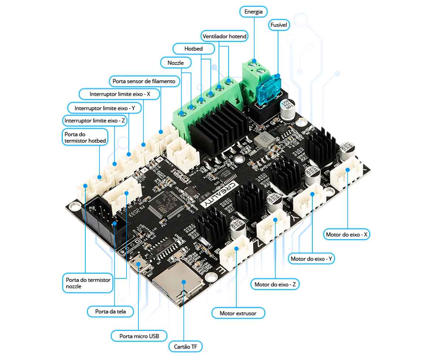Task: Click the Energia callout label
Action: point(253,11)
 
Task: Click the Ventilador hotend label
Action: point(224,36)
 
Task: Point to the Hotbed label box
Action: point(193,48)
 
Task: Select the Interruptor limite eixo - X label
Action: point(120,94)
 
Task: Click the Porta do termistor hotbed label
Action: point(85,137)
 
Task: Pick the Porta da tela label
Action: point(110,311)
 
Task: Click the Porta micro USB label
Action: point(139,336)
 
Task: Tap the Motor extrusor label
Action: point(239,313)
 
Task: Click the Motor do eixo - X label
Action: point(347,234)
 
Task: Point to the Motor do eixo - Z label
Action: point(275,284)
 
